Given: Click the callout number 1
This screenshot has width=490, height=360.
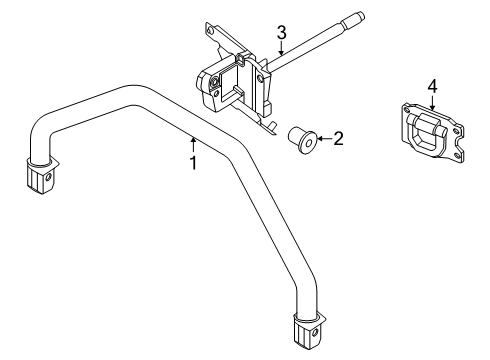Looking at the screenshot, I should (191, 160).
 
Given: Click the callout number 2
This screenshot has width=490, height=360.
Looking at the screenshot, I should (338, 138).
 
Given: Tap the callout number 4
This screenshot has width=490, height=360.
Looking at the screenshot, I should (432, 87).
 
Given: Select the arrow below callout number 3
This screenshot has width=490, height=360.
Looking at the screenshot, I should (282, 47).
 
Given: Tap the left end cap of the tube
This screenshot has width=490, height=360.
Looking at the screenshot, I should (41, 177).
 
